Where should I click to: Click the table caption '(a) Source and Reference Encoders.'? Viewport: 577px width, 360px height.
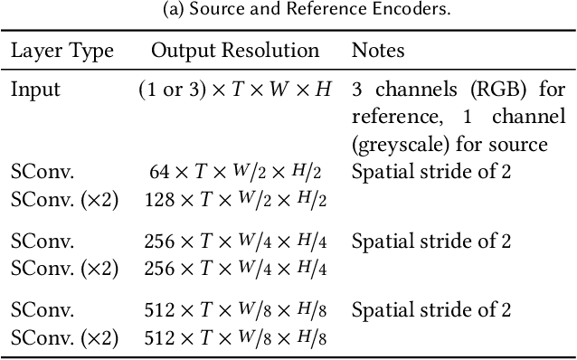[288, 10]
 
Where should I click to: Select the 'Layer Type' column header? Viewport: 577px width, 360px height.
[62, 50]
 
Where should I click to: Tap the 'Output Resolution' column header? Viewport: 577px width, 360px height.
[234, 50]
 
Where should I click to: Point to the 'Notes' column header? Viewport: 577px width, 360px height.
[378, 50]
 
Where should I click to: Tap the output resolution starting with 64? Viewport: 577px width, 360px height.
[234, 173]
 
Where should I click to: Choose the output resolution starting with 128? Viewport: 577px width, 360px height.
[234, 199]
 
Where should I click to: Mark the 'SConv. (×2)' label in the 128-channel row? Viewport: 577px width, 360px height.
[64, 199]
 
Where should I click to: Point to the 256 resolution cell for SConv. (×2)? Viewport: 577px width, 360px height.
[234, 269]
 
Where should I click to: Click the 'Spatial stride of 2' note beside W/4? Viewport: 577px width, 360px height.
[431, 242]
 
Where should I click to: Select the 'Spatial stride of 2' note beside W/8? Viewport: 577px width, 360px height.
[431, 311]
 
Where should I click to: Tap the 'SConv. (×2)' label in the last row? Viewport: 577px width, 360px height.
[64, 337]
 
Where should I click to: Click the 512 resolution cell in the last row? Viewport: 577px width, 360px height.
[234, 337]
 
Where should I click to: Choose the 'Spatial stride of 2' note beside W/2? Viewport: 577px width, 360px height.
[431, 172]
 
